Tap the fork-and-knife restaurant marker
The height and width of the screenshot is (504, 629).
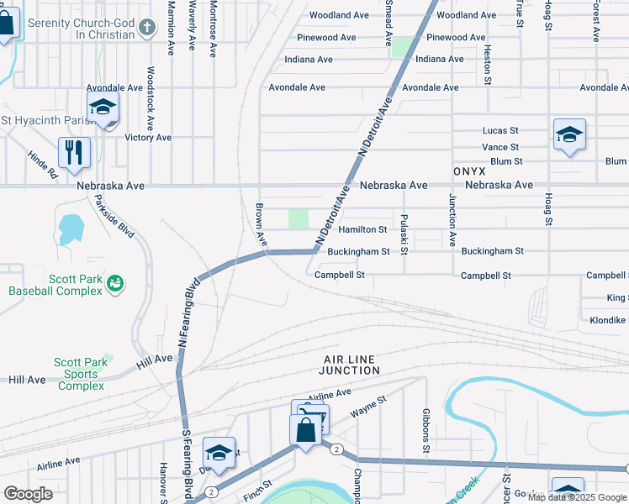(74, 151)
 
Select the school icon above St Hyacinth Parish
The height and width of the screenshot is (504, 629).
(103, 107)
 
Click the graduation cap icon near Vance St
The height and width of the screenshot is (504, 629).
(569, 134)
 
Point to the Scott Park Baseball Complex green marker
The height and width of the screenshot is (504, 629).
(116, 285)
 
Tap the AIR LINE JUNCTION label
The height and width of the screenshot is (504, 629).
(351, 364)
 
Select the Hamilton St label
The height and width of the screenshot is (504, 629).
(362, 229)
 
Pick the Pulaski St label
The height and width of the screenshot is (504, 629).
(404, 234)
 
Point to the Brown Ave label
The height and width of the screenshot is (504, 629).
(261, 224)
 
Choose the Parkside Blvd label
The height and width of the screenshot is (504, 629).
(115, 216)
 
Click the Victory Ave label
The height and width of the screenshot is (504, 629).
(148, 137)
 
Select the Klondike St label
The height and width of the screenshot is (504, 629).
(607, 320)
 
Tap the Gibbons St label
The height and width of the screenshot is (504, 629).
(427, 437)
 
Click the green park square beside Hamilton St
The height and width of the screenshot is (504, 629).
(299, 219)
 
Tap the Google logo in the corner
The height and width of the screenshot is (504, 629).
(28, 494)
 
